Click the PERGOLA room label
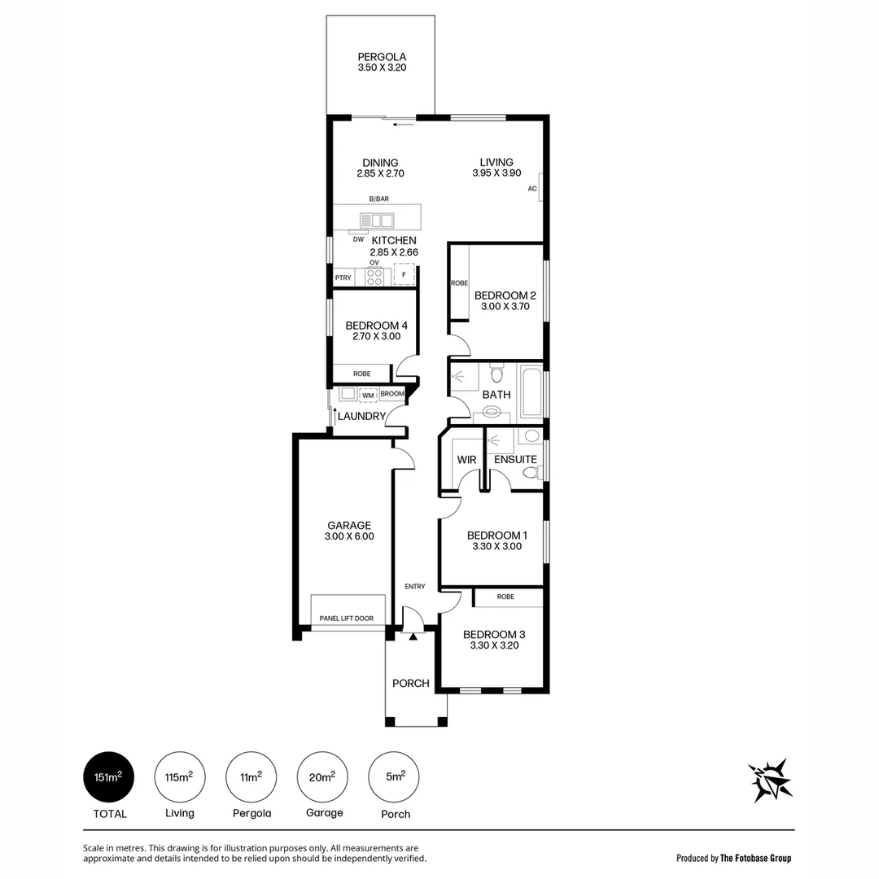[381, 57]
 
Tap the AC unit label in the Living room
[532, 189]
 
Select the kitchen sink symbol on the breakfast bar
[377, 220]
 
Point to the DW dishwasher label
[358, 239]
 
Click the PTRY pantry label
[343, 278]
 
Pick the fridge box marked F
[403, 276]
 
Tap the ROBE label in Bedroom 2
[459, 283]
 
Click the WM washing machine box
[368, 395]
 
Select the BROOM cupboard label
[392, 394]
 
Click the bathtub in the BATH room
[530, 391]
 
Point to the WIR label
[466, 460]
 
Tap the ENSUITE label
[515, 460]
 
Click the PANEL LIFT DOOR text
[347, 619]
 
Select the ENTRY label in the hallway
[415, 587]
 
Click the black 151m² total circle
[108, 777]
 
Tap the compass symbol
[770, 780]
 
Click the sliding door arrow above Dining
[403, 125]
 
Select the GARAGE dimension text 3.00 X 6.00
[349, 537]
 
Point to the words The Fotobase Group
[756, 858]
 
